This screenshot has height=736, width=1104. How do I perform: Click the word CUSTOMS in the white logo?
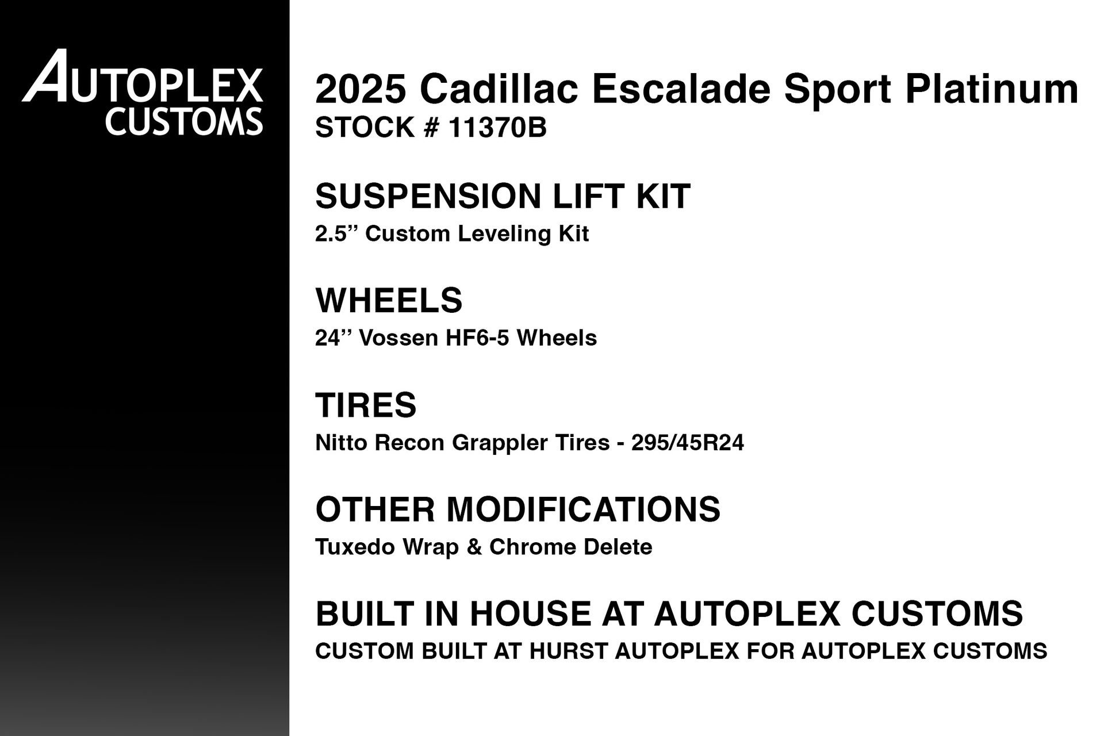184,121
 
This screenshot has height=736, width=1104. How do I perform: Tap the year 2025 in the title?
361,89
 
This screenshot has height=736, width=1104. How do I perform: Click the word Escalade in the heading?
681,89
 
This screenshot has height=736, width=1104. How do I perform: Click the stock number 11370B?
497,128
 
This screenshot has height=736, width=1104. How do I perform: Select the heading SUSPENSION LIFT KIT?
503,196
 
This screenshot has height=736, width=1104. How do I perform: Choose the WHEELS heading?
389,300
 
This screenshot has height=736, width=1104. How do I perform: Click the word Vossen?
399,338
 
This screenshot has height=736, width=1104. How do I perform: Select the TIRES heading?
366,405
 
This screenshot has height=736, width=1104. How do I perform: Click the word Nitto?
342,443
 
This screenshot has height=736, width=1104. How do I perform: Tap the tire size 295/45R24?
687,443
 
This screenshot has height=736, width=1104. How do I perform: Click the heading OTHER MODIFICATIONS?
517,509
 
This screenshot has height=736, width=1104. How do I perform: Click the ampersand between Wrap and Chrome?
474,547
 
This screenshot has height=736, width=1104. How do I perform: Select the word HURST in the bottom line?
568,651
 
